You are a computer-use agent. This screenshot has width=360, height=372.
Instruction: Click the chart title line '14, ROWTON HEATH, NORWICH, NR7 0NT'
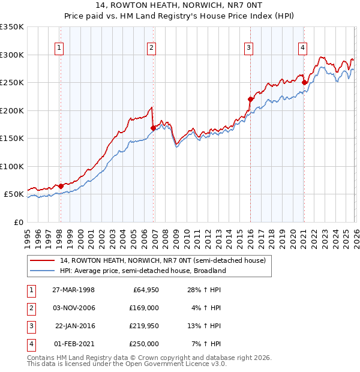point(179,7)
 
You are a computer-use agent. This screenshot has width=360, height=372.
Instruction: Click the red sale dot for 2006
point(153,128)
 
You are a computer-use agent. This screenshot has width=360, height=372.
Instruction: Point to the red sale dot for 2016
point(250,99)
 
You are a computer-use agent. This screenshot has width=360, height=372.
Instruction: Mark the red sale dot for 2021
point(304,82)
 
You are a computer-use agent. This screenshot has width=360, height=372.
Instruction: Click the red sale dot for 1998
point(61,186)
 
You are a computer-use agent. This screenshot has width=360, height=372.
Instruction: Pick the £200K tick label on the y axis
point(12,110)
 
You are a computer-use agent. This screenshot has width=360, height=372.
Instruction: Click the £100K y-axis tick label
point(12,166)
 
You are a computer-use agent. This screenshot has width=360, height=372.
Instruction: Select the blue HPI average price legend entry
point(142,271)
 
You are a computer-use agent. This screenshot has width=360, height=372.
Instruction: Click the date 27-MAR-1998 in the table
point(73,290)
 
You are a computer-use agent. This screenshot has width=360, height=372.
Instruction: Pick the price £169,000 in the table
point(145,308)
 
